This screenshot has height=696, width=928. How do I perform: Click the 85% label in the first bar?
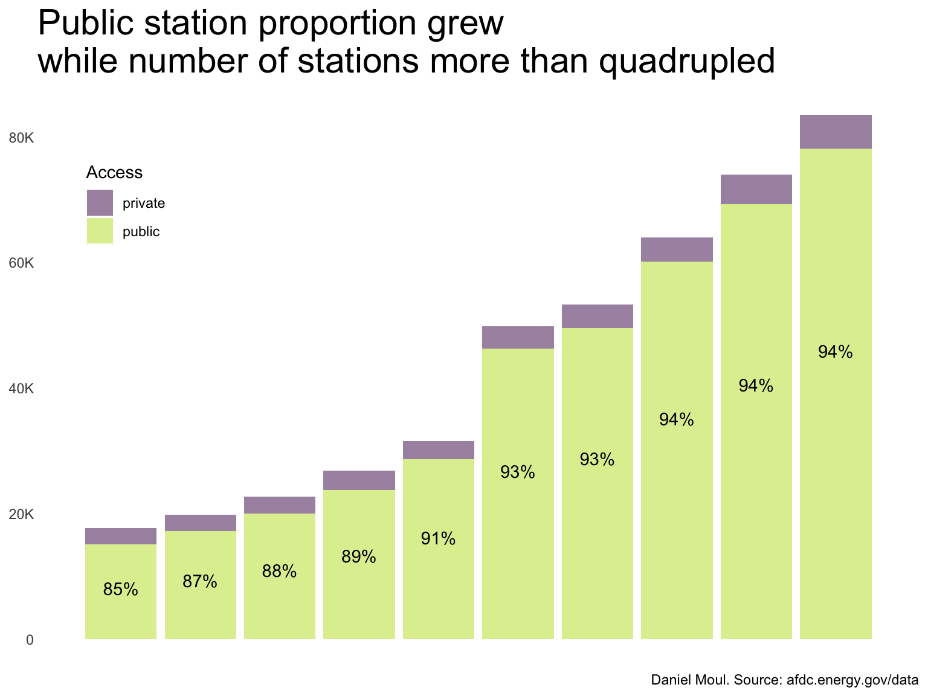click(x=121, y=590)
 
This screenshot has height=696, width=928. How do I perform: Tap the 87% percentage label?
click(x=200, y=582)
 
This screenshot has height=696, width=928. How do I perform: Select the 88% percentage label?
click(x=280, y=571)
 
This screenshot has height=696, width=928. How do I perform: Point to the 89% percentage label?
click(x=359, y=556)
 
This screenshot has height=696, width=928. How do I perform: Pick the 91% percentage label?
click(x=439, y=539)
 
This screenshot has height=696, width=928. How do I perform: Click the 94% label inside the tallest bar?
click(x=836, y=352)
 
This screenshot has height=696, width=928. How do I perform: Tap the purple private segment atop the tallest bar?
click(x=836, y=131)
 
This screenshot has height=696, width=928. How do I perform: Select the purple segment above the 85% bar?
click(x=121, y=536)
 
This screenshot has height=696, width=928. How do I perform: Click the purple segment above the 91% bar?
click(x=439, y=450)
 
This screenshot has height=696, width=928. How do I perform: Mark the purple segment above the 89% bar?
click(x=359, y=480)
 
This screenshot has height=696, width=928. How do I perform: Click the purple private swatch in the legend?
click(x=100, y=203)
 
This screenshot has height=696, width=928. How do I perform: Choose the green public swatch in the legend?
click(x=100, y=231)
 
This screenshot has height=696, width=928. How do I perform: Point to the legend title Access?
click(x=114, y=173)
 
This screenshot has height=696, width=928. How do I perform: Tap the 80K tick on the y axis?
click(x=22, y=138)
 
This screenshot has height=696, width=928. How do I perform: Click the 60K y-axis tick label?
click(x=22, y=264)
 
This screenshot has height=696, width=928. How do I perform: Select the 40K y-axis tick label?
click(x=22, y=389)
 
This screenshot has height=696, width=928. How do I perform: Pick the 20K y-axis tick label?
click(x=22, y=515)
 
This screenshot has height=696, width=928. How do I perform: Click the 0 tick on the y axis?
click(x=30, y=640)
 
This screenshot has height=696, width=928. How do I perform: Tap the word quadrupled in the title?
click(x=686, y=61)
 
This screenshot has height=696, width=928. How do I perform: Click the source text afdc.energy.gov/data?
click(x=852, y=680)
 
